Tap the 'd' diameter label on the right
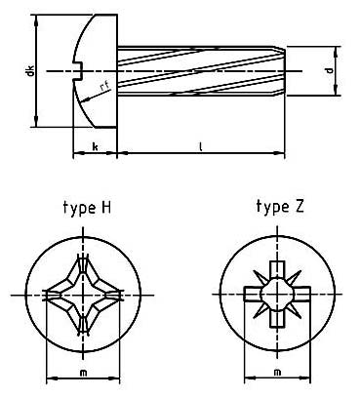[x=332, y=71]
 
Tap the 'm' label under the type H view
[x=82, y=373]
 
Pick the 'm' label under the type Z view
[x=278, y=373]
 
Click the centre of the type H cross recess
[x=83, y=294]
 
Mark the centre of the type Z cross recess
[x=279, y=294]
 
